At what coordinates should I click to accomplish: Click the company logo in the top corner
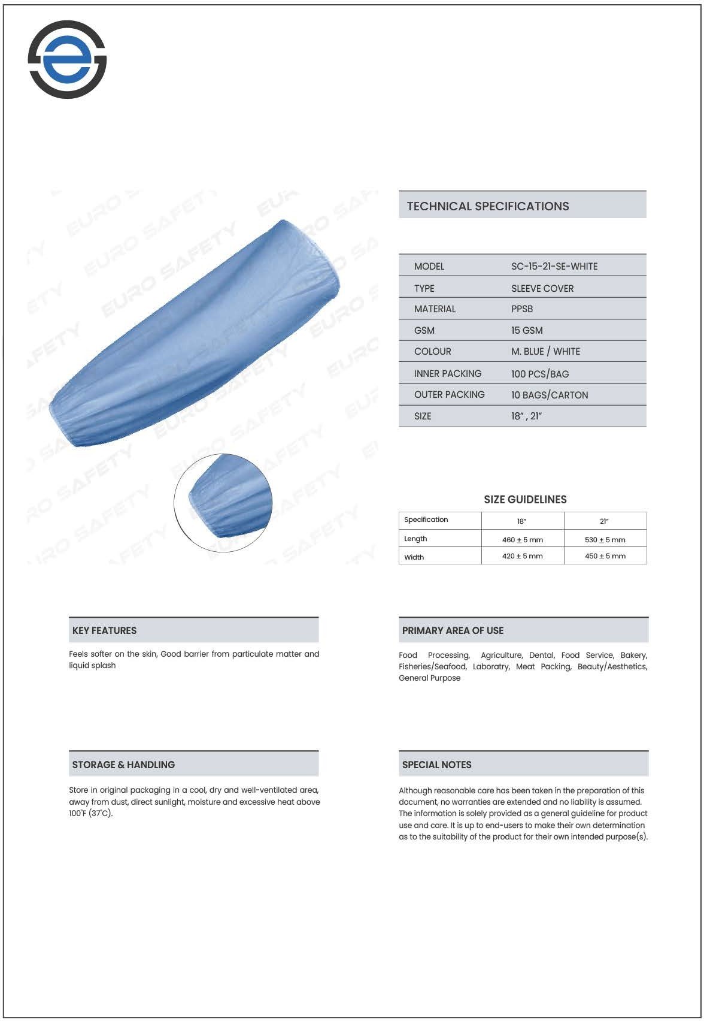point(67,59)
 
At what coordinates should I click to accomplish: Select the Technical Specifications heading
point(488,206)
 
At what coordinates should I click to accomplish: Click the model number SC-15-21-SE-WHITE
point(554,266)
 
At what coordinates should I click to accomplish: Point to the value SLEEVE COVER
point(542,288)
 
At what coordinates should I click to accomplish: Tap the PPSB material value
point(522,309)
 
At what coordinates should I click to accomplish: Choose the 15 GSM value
point(527,330)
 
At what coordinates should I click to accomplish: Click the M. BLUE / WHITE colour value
point(545,352)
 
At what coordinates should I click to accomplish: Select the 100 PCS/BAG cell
point(540,374)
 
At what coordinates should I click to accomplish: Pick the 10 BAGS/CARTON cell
point(550,395)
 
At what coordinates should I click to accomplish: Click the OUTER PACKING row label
point(449,395)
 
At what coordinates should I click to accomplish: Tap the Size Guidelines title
point(525,499)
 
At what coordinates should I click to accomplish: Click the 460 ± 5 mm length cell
point(523,540)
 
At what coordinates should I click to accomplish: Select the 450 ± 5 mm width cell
point(605,556)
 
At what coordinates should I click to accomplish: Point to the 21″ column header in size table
point(605,521)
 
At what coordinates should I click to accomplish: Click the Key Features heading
point(104,630)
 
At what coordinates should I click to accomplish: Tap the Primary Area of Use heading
point(453,630)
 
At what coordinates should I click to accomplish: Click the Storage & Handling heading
point(123,765)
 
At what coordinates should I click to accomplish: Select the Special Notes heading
point(436,765)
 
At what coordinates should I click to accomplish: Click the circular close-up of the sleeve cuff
point(223,503)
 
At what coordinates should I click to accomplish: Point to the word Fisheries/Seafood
point(432,666)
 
